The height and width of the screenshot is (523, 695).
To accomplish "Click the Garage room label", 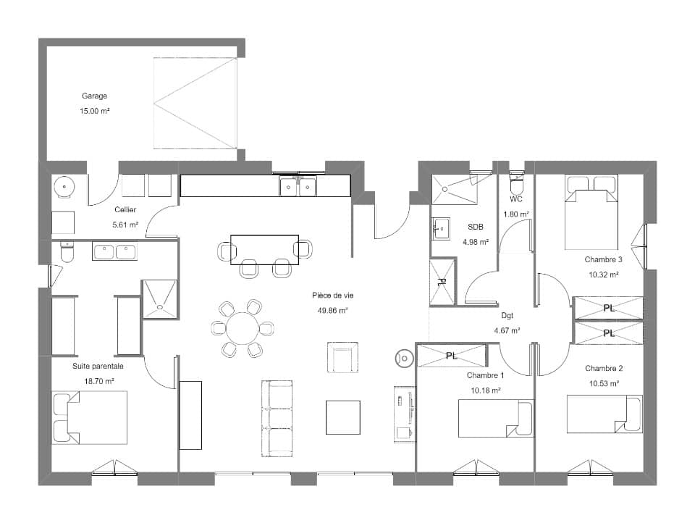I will [94, 96].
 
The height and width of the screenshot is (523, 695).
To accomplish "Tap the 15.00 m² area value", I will [94, 112].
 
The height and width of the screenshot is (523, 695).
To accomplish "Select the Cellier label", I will [125, 210].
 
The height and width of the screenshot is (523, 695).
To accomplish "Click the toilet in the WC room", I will [516, 178].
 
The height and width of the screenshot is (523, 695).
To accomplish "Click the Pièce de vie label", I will [332, 295].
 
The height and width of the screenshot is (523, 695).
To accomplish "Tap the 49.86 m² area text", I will [332, 310].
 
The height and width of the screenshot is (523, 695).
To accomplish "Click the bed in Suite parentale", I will [89, 417].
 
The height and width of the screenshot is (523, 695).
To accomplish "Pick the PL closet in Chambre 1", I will [452, 356].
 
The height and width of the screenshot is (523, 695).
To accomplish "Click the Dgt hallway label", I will [507, 315].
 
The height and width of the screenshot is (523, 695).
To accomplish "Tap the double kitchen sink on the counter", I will [298, 187].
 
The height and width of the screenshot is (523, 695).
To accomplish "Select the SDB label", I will [475, 227].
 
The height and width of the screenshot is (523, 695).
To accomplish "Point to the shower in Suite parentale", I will [160, 298].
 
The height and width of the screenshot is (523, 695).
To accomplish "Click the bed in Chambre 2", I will [605, 414].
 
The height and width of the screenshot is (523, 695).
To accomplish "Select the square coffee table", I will [342, 417].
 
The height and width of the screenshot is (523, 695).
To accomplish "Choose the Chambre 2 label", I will [603, 368].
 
